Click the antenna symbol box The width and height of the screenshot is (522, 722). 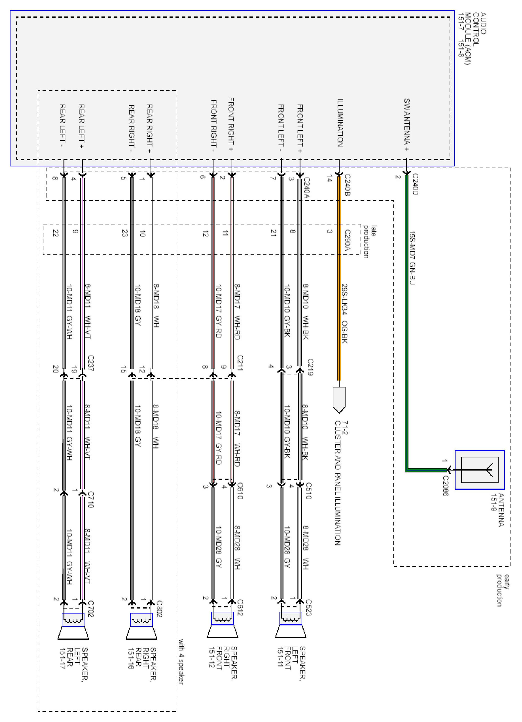[479, 470]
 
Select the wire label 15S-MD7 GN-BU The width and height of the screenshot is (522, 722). [412, 258]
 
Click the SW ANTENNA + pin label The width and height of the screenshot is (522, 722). [406, 125]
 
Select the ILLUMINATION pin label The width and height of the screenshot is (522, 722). [340, 123]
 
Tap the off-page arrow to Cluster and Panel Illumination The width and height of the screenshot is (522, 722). [339, 399]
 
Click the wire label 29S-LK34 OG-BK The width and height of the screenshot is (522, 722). [344, 314]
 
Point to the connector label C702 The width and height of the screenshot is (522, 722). [90, 609]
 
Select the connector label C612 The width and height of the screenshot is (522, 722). [240, 607]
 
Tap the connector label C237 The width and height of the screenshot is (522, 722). [90, 363]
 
